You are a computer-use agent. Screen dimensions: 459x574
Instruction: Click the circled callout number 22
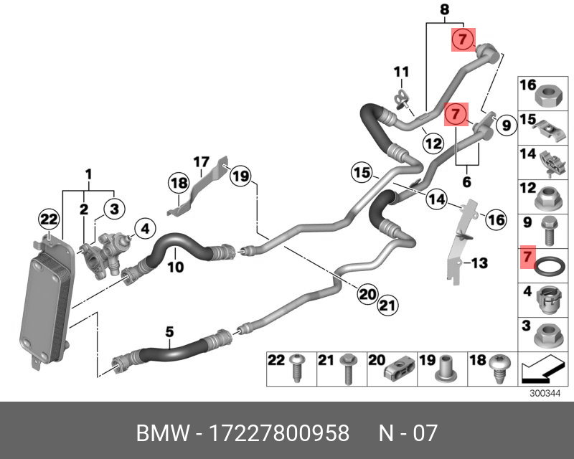[x=48, y=219]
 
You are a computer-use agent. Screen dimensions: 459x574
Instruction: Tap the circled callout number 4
[x=144, y=229]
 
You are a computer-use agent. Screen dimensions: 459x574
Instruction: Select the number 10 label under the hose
[x=176, y=268]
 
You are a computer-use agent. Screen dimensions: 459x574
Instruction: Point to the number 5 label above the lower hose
[x=170, y=332]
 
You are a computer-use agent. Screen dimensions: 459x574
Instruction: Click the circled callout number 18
[x=179, y=184]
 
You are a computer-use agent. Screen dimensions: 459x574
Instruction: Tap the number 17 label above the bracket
[x=201, y=161]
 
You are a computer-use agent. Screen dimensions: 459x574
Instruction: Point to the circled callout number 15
[x=362, y=172]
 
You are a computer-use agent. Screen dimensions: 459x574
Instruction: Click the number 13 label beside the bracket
[x=479, y=264]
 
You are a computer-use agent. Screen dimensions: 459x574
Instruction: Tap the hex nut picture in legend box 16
[x=548, y=93]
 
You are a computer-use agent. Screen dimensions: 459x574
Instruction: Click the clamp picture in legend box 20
[x=398, y=371]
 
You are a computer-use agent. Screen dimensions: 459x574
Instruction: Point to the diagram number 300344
[x=544, y=394]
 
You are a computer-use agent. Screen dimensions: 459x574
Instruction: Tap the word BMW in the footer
[x=159, y=434]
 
